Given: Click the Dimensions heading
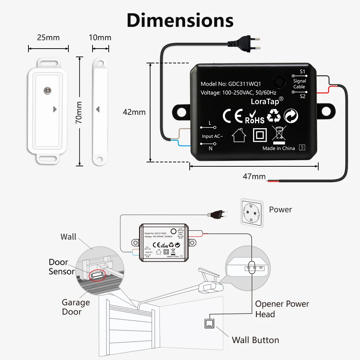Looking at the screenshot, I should pyautogui.click(x=180, y=20).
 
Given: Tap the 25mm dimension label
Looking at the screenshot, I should pyautogui.click(x=48, y=37).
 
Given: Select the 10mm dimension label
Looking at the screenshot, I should pyautogui.click(x=100, y=37).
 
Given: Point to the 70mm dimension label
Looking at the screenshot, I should pyautogui.click(x=79, y=112).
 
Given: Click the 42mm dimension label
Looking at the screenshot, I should pyautogui.click(x=134, y=112).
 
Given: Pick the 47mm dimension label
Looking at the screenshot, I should pyautogui.click(x=254, y=176).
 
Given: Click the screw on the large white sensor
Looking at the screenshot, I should pyautogui.click(x=46, y=90).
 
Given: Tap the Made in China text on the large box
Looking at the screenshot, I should pyautogui.click(x=279, y=148).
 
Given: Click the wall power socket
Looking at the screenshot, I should pyautogui.click(x=251, y=214).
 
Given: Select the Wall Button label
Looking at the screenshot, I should pyautogui.click(x=255, y=340).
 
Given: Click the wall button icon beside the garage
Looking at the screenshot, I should pyautogui.click(x=209, y=323).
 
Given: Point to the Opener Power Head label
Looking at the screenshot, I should pyautogui.click(x=282, y=309).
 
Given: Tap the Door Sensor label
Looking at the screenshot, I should pyautogui.click(x=62, y=267).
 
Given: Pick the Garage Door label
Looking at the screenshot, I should pyautogui.click(x=76, y=307).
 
